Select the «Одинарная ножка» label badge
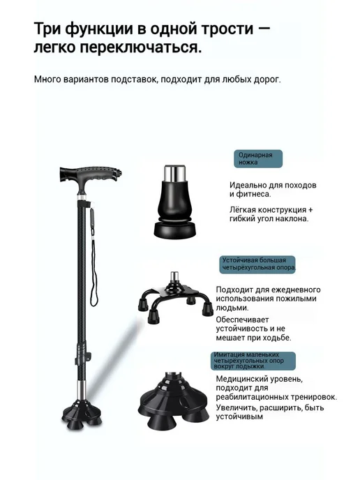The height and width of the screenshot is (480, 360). [258, 158]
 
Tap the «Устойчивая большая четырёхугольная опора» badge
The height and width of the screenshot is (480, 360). [257, 264]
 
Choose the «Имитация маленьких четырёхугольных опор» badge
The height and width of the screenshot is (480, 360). [253, 361]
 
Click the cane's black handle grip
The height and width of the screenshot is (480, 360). [91, 174]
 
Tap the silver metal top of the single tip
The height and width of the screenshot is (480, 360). [174, 173]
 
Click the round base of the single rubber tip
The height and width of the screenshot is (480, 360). [175, 230]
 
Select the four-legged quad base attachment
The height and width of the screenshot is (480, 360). [175, 297]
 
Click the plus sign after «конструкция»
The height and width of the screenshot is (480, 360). [310, 210]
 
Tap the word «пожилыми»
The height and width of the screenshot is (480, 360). [297, 299]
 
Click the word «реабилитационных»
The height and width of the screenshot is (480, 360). [250, 398]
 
